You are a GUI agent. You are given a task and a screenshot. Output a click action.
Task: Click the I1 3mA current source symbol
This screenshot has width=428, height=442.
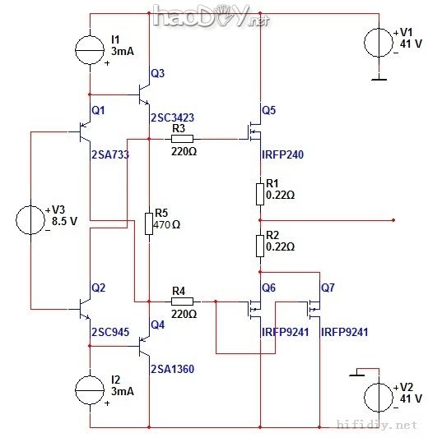point(89,52)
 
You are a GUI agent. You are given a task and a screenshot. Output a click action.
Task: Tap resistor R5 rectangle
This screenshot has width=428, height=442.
point(148,223)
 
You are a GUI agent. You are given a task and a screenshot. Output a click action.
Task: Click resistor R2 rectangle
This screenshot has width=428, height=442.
point(260,244)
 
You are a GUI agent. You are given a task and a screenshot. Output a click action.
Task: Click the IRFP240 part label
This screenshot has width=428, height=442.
point(283,154)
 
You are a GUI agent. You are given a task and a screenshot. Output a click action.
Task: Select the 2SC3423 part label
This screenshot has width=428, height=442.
point(172,117)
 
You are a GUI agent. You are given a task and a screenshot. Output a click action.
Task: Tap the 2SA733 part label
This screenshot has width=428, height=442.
point(110,154)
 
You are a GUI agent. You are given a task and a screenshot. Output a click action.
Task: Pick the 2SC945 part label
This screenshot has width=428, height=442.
point(109,333)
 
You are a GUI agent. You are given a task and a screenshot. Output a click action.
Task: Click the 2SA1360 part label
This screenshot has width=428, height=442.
point(172,369)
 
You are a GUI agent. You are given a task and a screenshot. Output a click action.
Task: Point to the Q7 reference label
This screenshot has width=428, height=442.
point(328,288)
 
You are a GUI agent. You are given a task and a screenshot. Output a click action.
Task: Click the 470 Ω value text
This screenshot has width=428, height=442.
point(168,224)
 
